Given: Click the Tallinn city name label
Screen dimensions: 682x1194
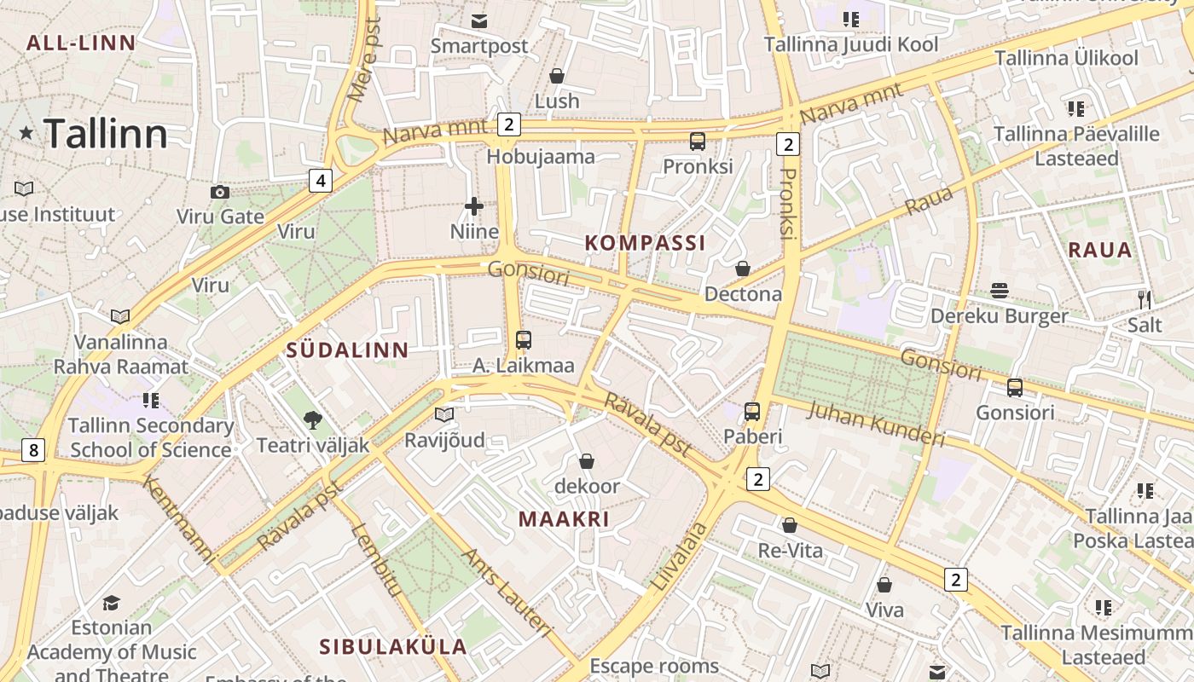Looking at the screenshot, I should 105,134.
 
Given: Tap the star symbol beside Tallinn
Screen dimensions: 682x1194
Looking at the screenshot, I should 26,133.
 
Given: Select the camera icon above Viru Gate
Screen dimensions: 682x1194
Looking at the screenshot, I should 220,192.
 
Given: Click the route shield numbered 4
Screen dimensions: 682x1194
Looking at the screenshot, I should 321,181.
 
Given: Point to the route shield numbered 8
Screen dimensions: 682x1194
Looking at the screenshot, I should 32,450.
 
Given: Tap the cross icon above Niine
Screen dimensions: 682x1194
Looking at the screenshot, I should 474,206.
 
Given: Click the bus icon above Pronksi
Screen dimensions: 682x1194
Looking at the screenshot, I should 698,142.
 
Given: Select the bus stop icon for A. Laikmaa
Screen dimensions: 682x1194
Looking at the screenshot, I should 524,340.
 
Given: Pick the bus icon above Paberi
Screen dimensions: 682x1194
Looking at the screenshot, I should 752,412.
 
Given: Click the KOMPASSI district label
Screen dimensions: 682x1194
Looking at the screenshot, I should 645,243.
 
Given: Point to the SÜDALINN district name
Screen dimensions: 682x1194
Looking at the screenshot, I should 347,350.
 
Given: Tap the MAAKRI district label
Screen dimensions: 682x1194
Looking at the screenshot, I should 564,519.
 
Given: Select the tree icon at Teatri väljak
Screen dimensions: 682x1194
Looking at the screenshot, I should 313,419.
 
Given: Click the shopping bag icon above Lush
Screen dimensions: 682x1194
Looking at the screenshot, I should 557,77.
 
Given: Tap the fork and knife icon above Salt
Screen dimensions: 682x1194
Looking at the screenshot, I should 1145,299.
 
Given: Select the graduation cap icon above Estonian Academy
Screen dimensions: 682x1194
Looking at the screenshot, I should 111,604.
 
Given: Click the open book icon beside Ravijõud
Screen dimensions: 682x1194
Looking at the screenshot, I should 443,415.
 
